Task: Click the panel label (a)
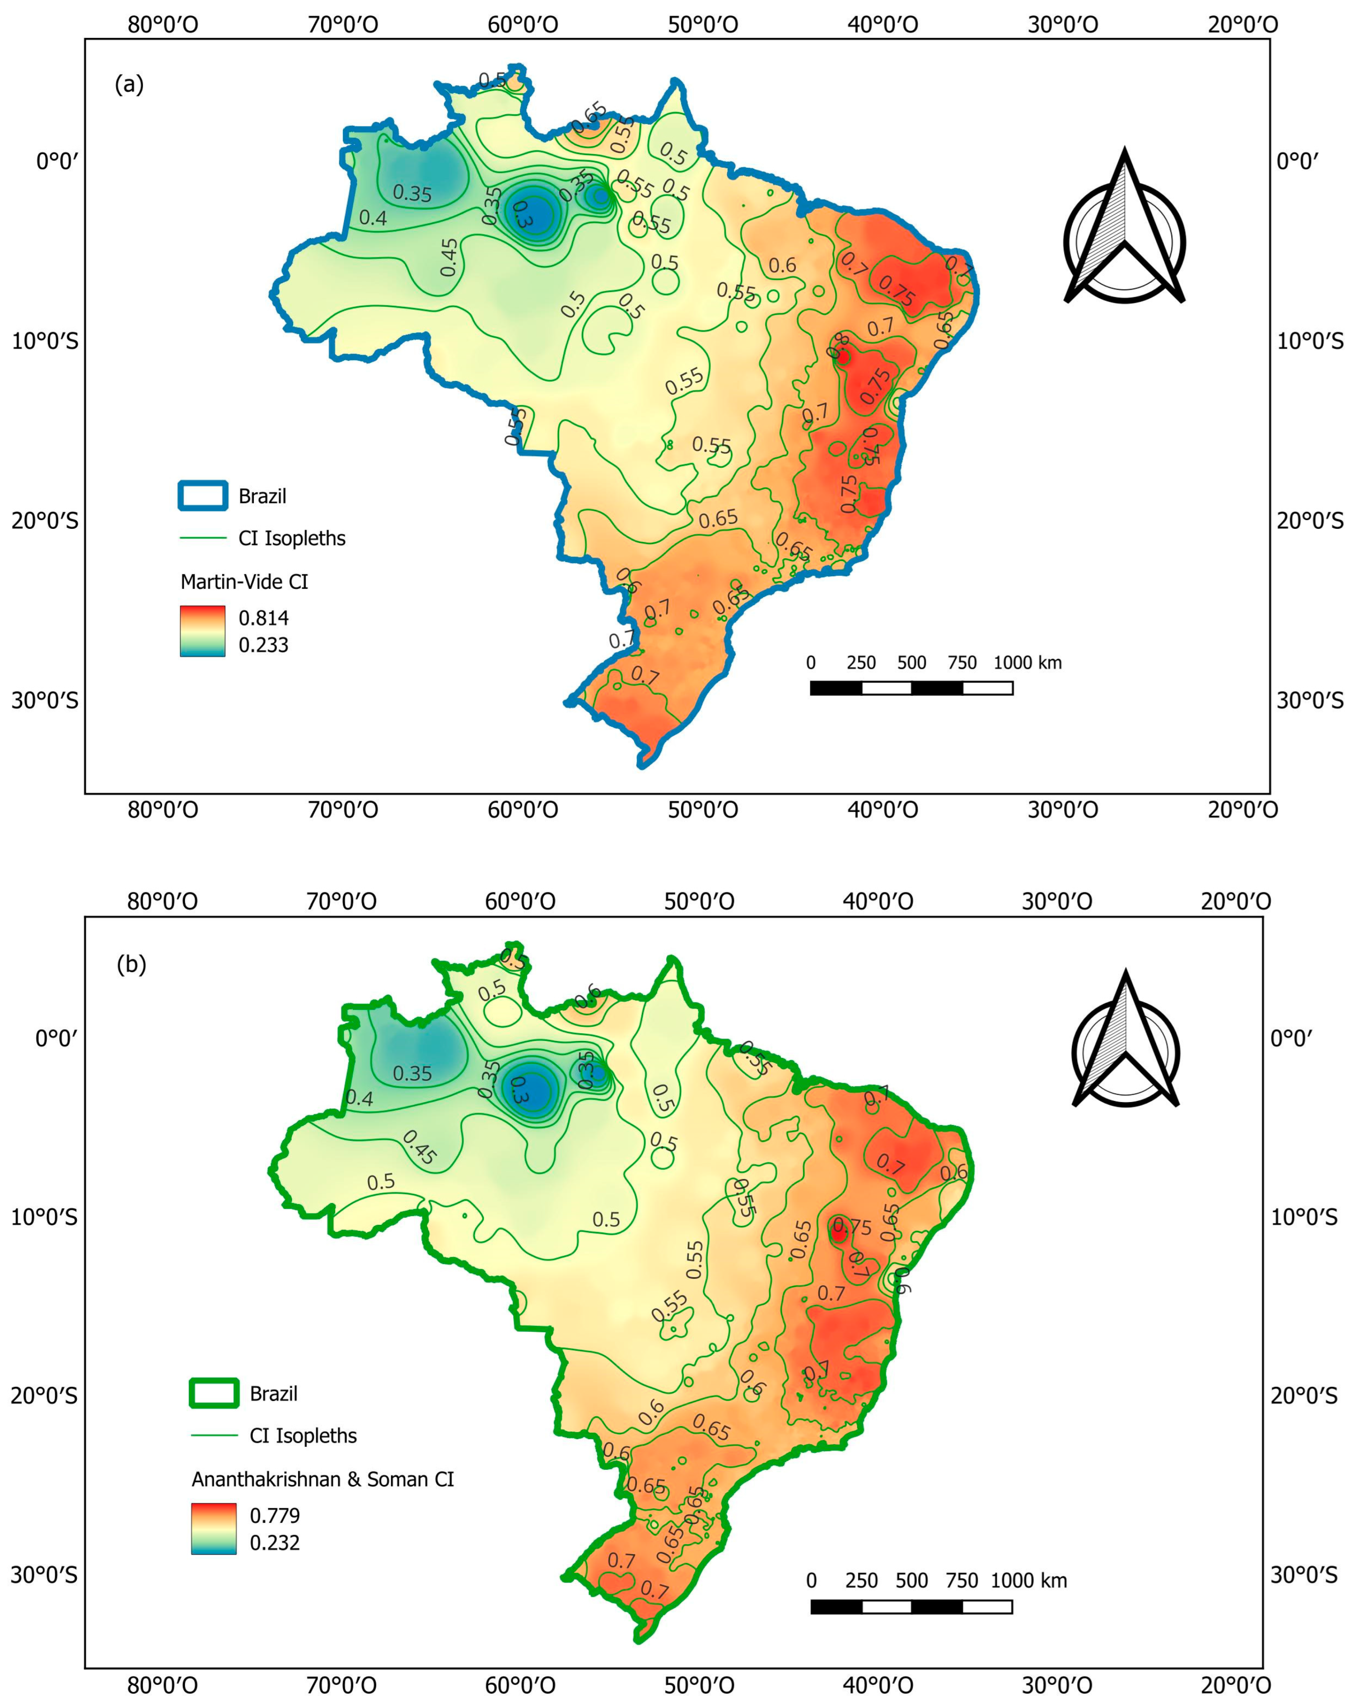pos(129,84)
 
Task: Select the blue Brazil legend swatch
pos(203,496)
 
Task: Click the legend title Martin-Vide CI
pos(244,582)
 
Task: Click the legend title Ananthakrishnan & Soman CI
pos(322,1479)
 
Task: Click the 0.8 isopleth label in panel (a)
pos(837,346)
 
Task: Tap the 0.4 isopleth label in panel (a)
pos(373,218)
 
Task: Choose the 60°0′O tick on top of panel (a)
pos(523,25)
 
